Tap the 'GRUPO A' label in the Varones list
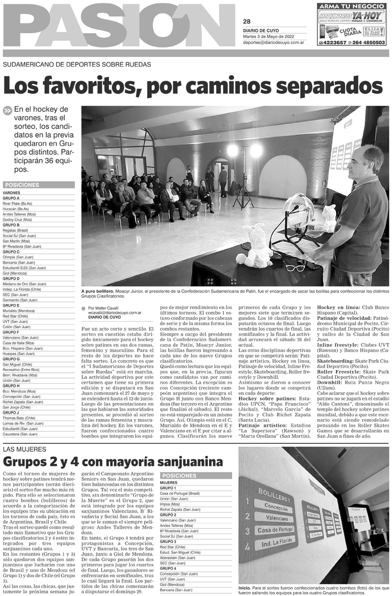(11, 198)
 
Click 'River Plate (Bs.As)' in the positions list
(18, 203)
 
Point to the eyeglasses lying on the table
(295, 268)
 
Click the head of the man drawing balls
(366, 162)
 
